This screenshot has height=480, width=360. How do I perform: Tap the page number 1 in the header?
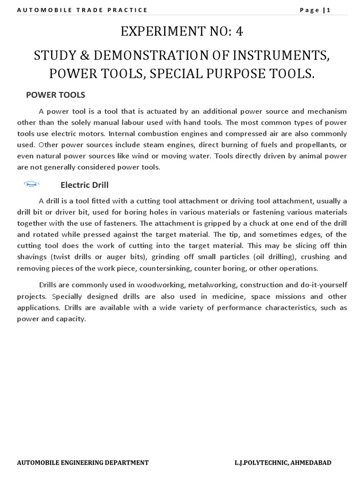click(x=329, y=10)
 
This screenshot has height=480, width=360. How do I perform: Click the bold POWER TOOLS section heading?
click(x=55, y=95)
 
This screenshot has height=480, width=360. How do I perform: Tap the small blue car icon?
click(x=31, y=184)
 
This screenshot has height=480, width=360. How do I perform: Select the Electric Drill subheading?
click(x=84, y=185)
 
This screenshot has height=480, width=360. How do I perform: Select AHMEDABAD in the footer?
click(x=310, y=463)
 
